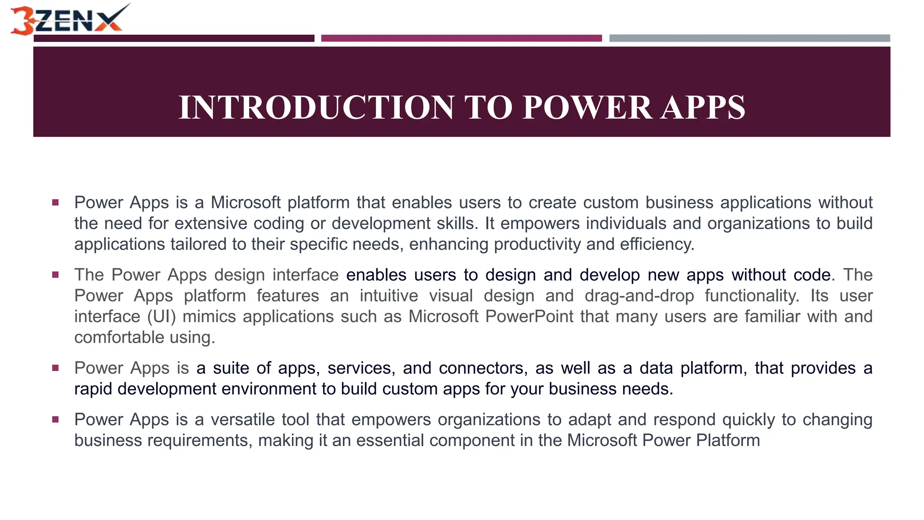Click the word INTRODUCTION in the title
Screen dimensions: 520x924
point(316,107)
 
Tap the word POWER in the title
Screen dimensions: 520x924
point(587,107)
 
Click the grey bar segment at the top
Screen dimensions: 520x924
point(749,38)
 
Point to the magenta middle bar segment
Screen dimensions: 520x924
point(461,38)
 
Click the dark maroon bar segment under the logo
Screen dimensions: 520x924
point(174,38)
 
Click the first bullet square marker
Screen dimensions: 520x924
point(55,203)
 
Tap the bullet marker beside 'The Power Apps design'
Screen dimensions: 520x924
point(55,275)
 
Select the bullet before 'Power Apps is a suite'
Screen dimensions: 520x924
point(55,368)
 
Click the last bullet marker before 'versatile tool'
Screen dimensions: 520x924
point(55,420)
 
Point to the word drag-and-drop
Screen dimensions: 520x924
point(639,296)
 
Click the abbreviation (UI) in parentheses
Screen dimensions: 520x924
point(162,316)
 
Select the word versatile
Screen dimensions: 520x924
point(242,420)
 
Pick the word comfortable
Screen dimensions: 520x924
point(119,337)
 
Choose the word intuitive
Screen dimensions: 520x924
point(389,296)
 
